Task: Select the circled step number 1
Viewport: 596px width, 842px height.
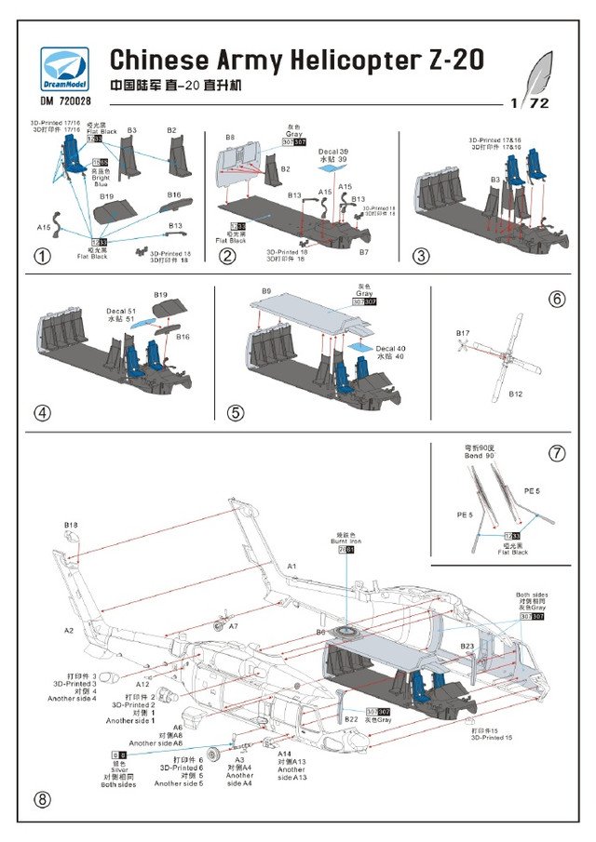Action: point(41,256)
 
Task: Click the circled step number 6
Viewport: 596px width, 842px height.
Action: point(557,300)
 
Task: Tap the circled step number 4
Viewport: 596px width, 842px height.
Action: point(41,412)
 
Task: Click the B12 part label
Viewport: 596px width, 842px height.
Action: point(515,394)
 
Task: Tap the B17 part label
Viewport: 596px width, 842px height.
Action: point(463,333)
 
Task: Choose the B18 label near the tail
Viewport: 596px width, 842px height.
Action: point(72,526)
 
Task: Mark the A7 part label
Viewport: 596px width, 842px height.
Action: point(234,626)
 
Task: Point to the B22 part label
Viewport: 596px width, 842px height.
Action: point(352,719)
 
